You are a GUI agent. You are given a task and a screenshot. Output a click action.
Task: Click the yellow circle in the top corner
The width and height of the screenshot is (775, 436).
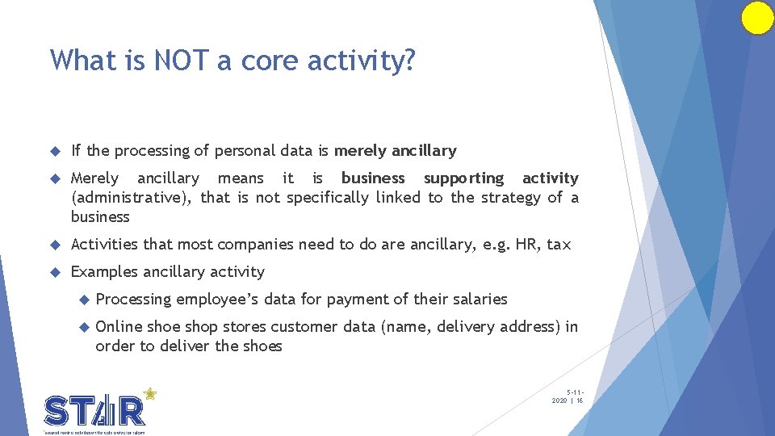click(x=757, y=18)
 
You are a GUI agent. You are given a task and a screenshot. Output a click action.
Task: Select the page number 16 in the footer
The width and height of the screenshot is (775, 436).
click(x=580, y=400)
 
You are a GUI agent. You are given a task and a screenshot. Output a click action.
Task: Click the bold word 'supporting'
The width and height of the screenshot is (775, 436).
click(x=463, y=178)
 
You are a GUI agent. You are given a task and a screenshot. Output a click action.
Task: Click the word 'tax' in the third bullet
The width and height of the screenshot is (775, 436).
click(x=559, y=244)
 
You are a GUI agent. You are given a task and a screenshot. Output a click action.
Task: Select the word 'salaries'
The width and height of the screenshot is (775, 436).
click(x=480, y=300)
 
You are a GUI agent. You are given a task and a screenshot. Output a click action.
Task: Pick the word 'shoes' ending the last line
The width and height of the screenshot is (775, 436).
click(x=262, y=346)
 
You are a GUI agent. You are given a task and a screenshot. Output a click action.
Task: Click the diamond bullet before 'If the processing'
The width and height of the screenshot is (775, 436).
click(x=55, y=151)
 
